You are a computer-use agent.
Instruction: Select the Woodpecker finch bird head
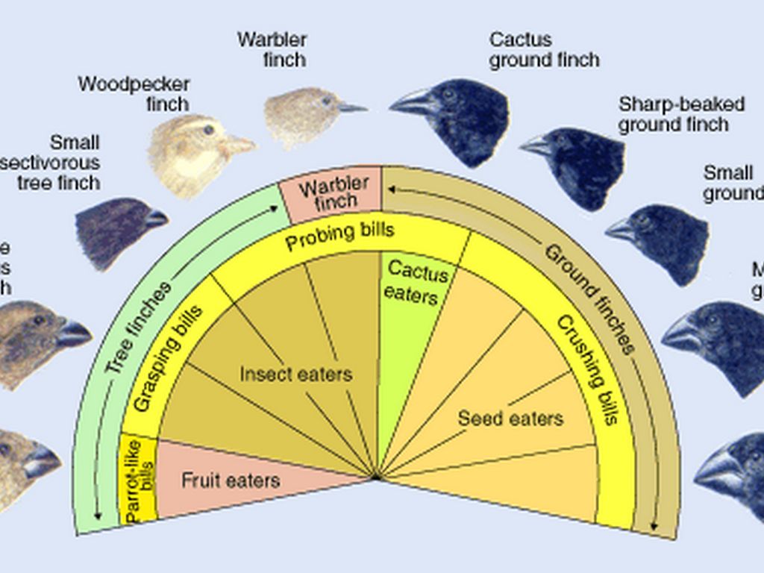coord(194,153)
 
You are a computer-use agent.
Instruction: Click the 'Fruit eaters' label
coord(231,480)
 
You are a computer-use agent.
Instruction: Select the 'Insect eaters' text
coord(295,373)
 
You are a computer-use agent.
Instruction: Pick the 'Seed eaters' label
coord(510,418)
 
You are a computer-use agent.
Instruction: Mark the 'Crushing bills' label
coord(589,369)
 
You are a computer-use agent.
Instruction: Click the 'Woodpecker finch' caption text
coord(134,93)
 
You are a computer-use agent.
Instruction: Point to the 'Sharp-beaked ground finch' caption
coord(680,114)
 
